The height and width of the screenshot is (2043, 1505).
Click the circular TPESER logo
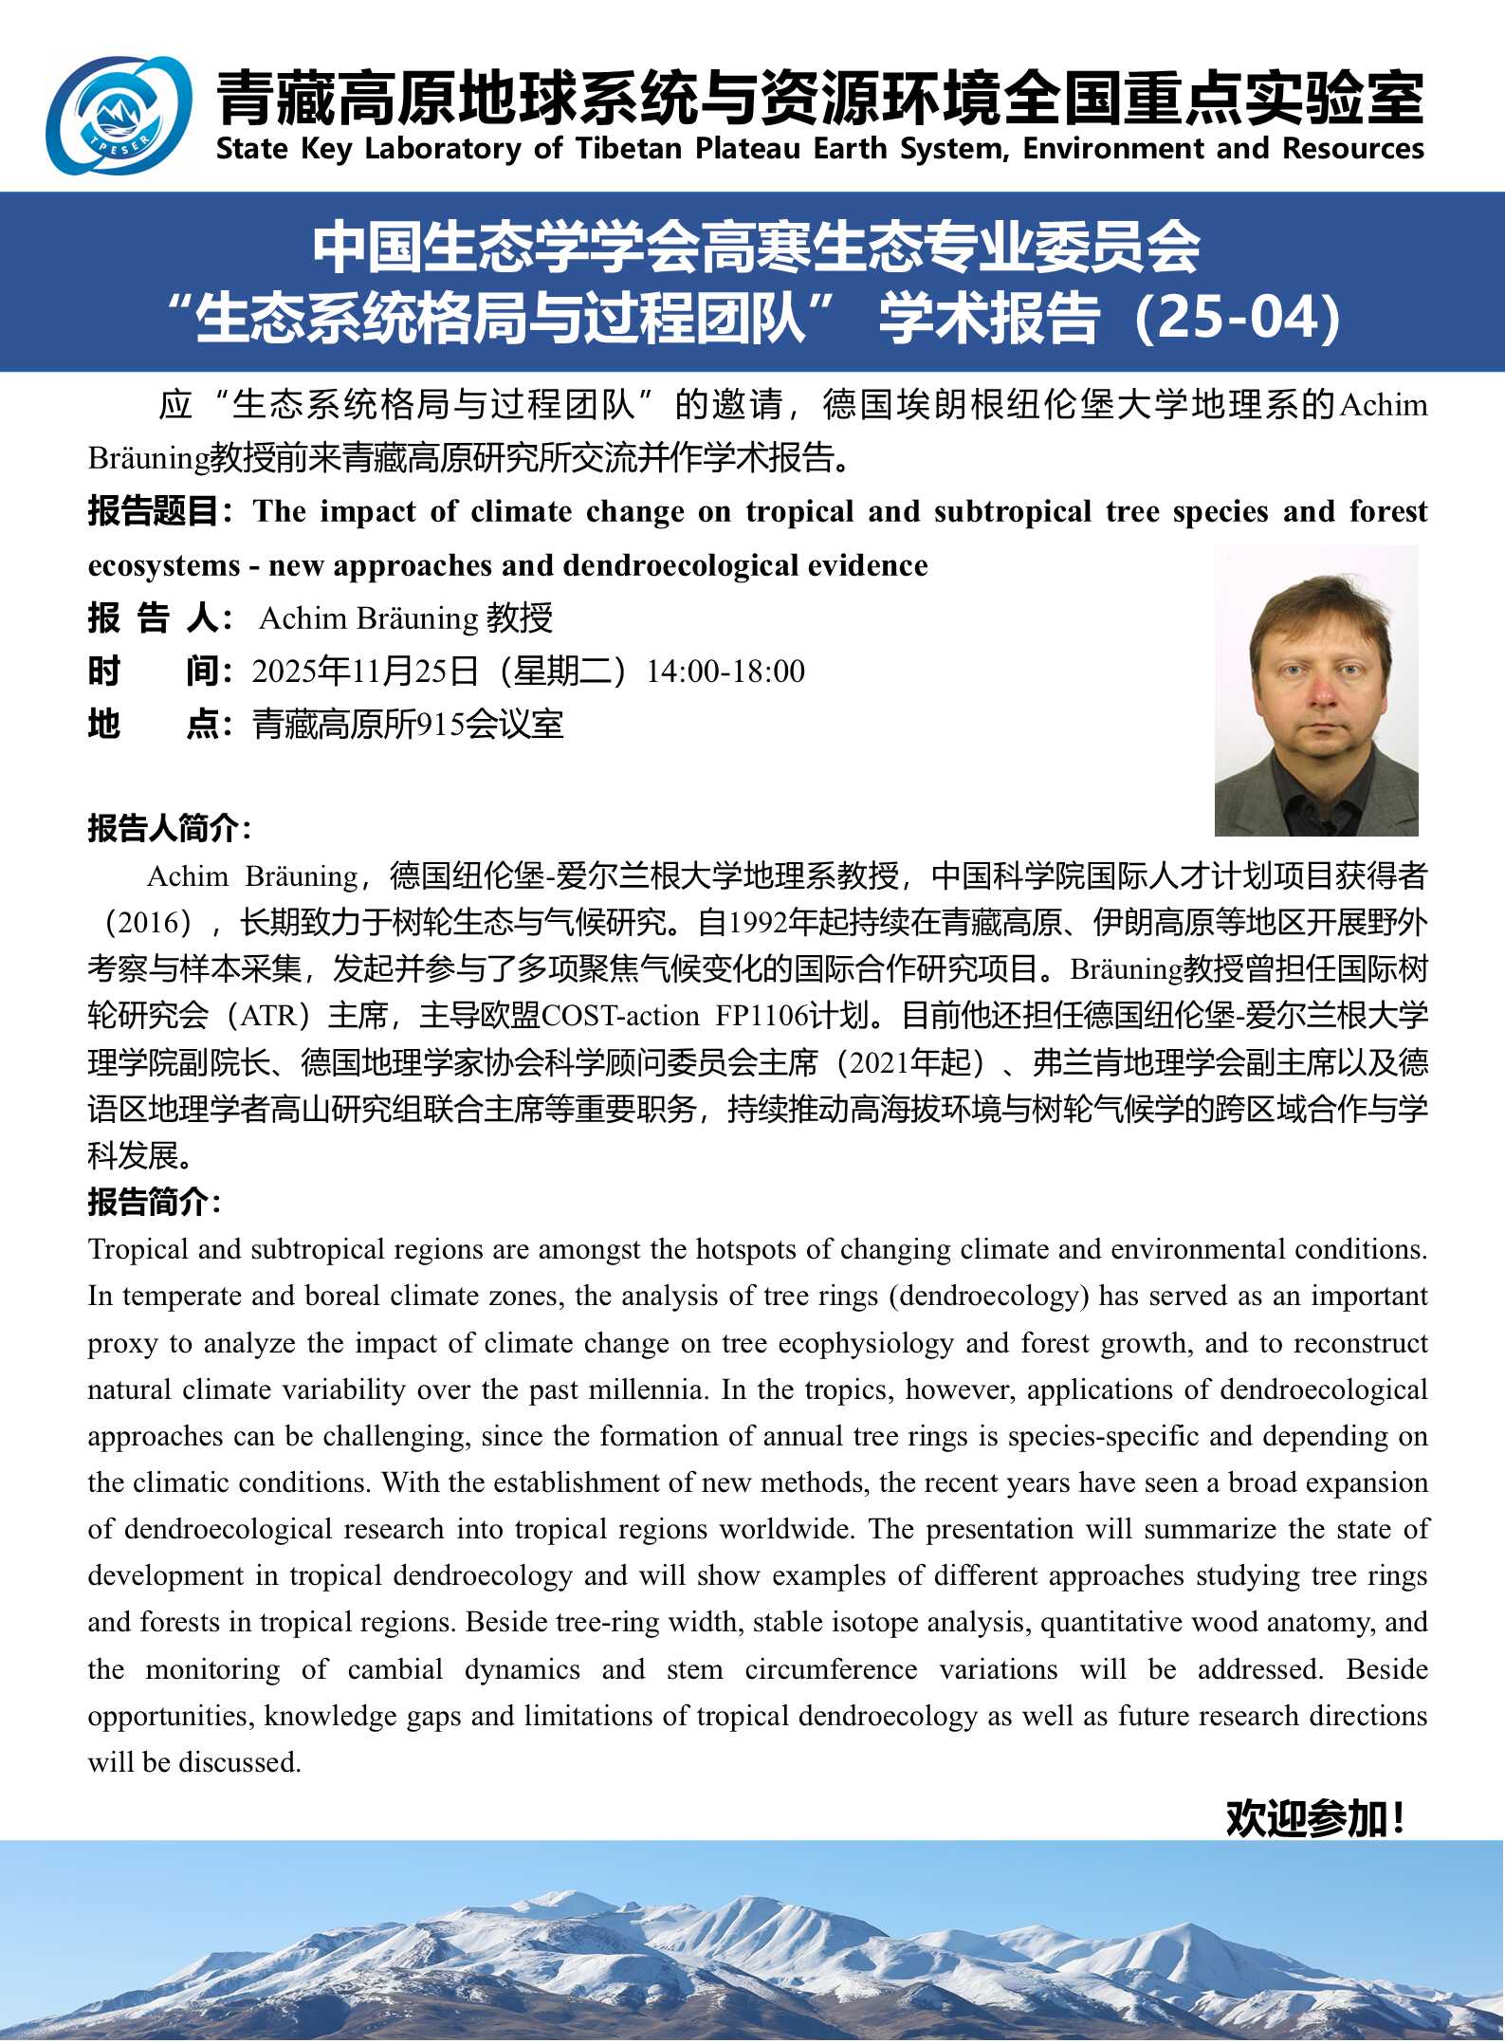(x=119, y=116)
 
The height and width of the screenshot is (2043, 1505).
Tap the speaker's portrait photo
(x=1316, y=690)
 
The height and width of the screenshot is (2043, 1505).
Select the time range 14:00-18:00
(x=725, y=672)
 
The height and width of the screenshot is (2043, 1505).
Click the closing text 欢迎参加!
(x=1314, y=1818)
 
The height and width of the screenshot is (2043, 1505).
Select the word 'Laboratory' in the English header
(x=443, y=149)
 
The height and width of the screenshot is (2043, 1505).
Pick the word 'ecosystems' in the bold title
(x=164, y=566)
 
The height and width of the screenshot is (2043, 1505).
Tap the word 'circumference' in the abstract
(x=831, y=1669)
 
